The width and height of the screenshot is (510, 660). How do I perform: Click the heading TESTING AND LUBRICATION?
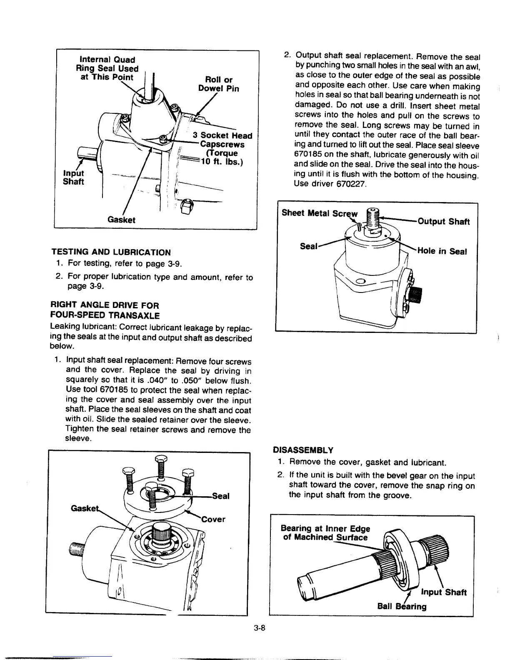[111, 252]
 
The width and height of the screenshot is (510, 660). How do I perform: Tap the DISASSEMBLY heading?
[303, 450]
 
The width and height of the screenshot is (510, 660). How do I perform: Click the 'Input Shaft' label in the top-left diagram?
[73, 177]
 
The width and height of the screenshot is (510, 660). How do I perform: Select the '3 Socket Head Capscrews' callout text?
[222, 140]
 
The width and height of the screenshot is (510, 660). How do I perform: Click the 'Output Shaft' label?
[443, 221]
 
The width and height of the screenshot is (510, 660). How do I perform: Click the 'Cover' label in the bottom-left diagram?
[213, 519]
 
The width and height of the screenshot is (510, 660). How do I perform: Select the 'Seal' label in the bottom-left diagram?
[221, 496]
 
